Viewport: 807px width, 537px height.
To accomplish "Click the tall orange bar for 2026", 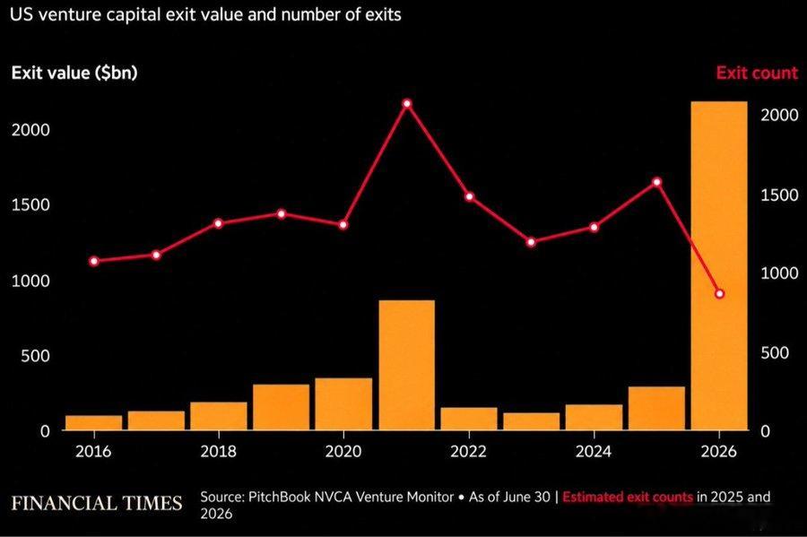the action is [719, 265].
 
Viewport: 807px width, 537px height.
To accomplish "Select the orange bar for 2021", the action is [406, 365].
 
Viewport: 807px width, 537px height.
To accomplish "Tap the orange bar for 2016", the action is [93, 422].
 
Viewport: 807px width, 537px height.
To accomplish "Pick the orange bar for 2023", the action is [531, 421].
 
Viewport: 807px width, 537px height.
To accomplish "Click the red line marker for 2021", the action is [406, 103].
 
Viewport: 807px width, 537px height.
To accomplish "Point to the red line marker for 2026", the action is [719, 294].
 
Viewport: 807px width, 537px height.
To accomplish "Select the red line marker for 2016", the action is [93, 261].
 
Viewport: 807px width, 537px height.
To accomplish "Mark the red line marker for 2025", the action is [656, 182].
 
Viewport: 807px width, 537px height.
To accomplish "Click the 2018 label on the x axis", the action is [218, 451].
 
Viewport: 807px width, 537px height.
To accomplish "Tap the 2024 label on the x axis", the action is [594, 451].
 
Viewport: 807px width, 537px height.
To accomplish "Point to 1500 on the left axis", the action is [30, 205].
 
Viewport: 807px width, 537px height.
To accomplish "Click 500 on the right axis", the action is [775, 353].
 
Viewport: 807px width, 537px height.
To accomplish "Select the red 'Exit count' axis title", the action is [757, 73].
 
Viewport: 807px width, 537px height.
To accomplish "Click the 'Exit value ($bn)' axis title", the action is [74, 73].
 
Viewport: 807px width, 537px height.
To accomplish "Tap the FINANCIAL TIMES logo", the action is [97, 503].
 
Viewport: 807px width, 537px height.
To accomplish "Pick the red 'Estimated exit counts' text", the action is [628, 497].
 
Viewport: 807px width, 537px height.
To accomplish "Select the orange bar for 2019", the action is [281, 407].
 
